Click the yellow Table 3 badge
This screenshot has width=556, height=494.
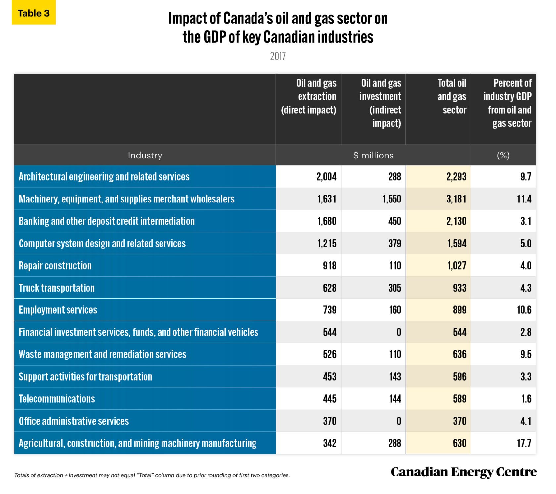(33, 13)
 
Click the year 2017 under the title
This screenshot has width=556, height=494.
(278, 56)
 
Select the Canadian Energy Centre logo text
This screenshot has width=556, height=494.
(463, 472)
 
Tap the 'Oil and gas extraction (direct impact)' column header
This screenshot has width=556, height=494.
(308, 96)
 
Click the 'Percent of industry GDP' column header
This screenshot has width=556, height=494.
(507, 103)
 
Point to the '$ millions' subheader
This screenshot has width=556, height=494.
(373, 155)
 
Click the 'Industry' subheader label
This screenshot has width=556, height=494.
(145, 155)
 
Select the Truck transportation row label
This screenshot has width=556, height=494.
(57, 288)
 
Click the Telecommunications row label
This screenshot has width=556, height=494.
(57, 399)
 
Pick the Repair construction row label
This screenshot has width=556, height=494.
(55, 266)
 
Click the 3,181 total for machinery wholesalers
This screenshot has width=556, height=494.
(456, 199)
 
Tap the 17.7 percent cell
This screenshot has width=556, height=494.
(524, 443)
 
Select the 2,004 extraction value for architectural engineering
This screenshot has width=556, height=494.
(326, 177)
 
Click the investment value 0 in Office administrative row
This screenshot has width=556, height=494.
(399, 421)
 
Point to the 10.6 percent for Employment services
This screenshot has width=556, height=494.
(524, 310)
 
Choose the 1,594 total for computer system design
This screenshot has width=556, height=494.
(457, 244)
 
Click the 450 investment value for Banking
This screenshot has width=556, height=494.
(394, 221)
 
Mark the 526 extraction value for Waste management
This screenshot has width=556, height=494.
(329, 354)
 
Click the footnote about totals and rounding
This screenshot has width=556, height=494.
(152, 475)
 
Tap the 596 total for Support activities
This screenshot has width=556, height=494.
(459, 377)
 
